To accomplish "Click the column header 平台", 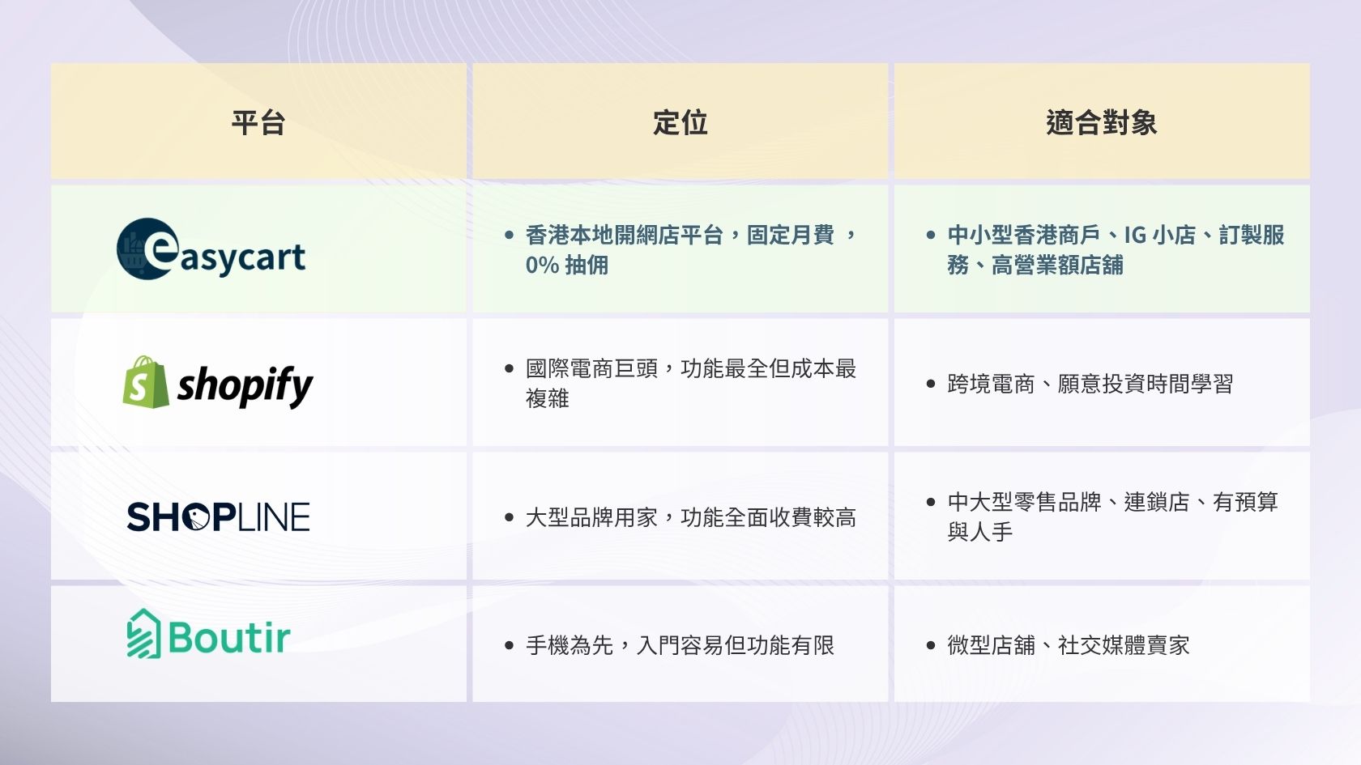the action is click(258, 123).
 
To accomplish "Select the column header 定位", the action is click(680, 123).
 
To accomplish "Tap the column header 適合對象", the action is click(1102, 123).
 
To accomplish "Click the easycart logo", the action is click(211, 249).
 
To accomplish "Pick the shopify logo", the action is click(217, 382).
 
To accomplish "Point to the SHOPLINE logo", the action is click(218, 516).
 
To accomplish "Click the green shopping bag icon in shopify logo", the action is click(146, 382).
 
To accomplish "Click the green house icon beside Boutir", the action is click(143, 634).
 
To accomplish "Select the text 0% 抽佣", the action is click(567, 266).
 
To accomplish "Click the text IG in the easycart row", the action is click(1134, 235).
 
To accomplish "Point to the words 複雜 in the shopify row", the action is click(548, 399).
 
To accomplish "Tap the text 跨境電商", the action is click(991, 384).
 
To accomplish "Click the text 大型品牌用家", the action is click(591, 517).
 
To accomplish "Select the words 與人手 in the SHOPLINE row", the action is click(980, 533).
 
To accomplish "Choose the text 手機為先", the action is click(570, 644).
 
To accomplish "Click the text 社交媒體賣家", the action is click(1124, 644).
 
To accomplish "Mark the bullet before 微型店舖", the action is click(931, 645).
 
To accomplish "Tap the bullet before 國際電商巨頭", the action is click(509, 368).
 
